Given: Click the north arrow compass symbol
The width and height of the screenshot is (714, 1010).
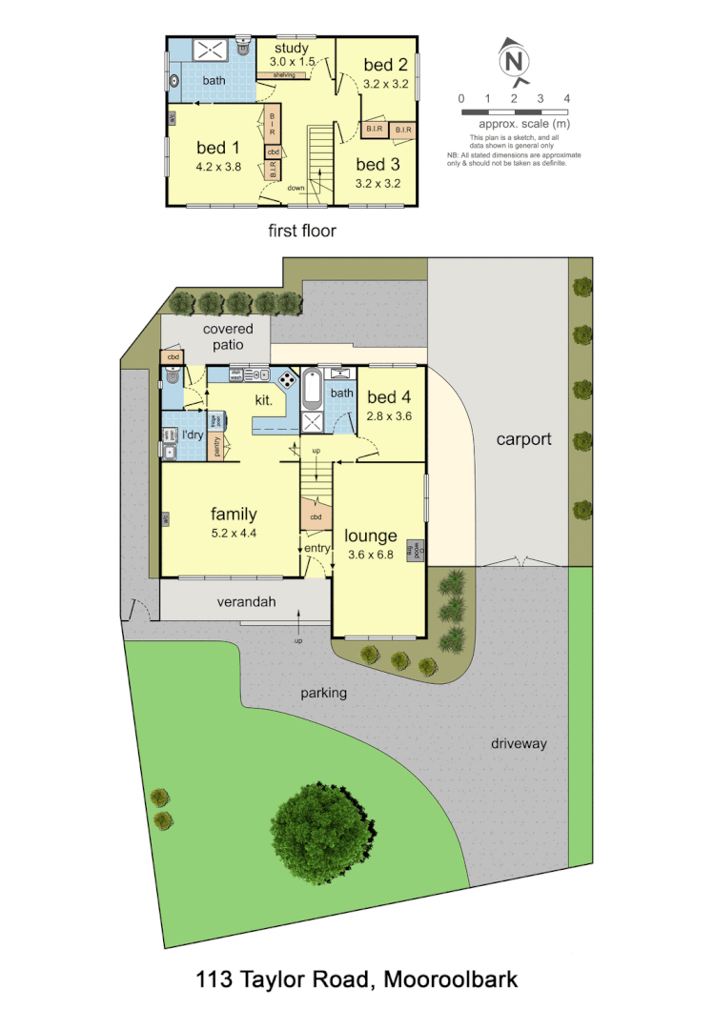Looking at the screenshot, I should click(x=514, y=61).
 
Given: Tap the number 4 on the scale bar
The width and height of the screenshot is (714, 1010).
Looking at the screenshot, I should click(x=567, y=99).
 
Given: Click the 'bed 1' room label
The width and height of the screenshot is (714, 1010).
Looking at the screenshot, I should click(x=218, y=148).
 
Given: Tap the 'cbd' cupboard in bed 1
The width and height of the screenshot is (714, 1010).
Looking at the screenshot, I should click(x=273, y=151).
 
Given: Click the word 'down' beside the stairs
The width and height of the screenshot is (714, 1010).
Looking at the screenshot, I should click(x=296, y=189).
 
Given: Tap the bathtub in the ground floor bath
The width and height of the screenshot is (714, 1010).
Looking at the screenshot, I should click(x=313, y=389).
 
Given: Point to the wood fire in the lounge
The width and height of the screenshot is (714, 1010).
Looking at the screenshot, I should click(x=415, y=550).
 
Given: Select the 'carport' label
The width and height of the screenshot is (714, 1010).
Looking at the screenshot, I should click(x=523, y=439).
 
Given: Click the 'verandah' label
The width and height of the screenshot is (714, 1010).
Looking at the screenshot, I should click(x=246, y=601).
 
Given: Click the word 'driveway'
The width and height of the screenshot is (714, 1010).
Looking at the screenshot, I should click(x=520, y=743).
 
